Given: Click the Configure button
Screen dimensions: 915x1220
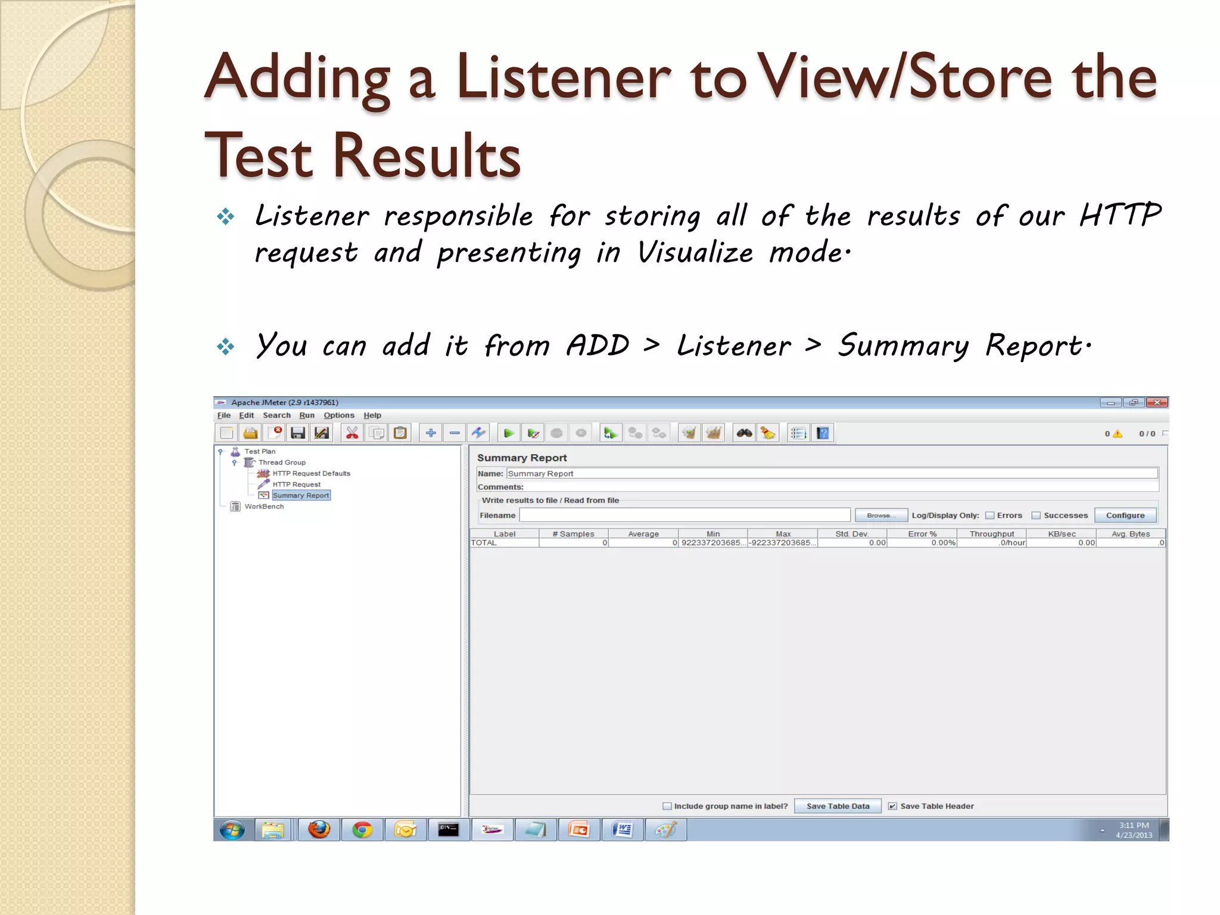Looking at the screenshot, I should [1125, 515].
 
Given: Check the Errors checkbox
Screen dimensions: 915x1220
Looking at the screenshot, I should [989, 515].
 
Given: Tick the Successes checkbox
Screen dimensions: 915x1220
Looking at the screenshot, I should [1036, 515].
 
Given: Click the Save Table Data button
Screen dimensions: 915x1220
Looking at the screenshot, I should [838, 806].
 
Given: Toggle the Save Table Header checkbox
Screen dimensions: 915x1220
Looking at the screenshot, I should [892, 806].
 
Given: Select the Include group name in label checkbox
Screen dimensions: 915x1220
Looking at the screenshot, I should [667, 806].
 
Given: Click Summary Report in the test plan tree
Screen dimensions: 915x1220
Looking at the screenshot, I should [300, 495].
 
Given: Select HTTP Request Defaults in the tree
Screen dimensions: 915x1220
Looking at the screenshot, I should [311, 473].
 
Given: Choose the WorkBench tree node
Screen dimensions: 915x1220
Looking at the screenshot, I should [264, 506].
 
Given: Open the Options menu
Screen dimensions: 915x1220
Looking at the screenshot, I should [338, 415].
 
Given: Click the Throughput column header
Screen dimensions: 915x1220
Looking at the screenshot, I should [991, 534].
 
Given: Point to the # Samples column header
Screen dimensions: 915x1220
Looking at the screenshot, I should [573, 534].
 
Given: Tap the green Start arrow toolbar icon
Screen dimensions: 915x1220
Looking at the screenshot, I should [508, 433].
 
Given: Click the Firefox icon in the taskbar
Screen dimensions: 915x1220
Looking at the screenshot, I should [319, 829].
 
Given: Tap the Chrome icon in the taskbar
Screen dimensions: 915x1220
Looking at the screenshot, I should [362, 829].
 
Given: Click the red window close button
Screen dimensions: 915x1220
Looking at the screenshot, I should [1156, 403].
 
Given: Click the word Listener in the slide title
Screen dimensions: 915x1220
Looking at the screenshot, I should [563, 77].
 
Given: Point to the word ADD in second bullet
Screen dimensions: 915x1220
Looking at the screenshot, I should [597, 346].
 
